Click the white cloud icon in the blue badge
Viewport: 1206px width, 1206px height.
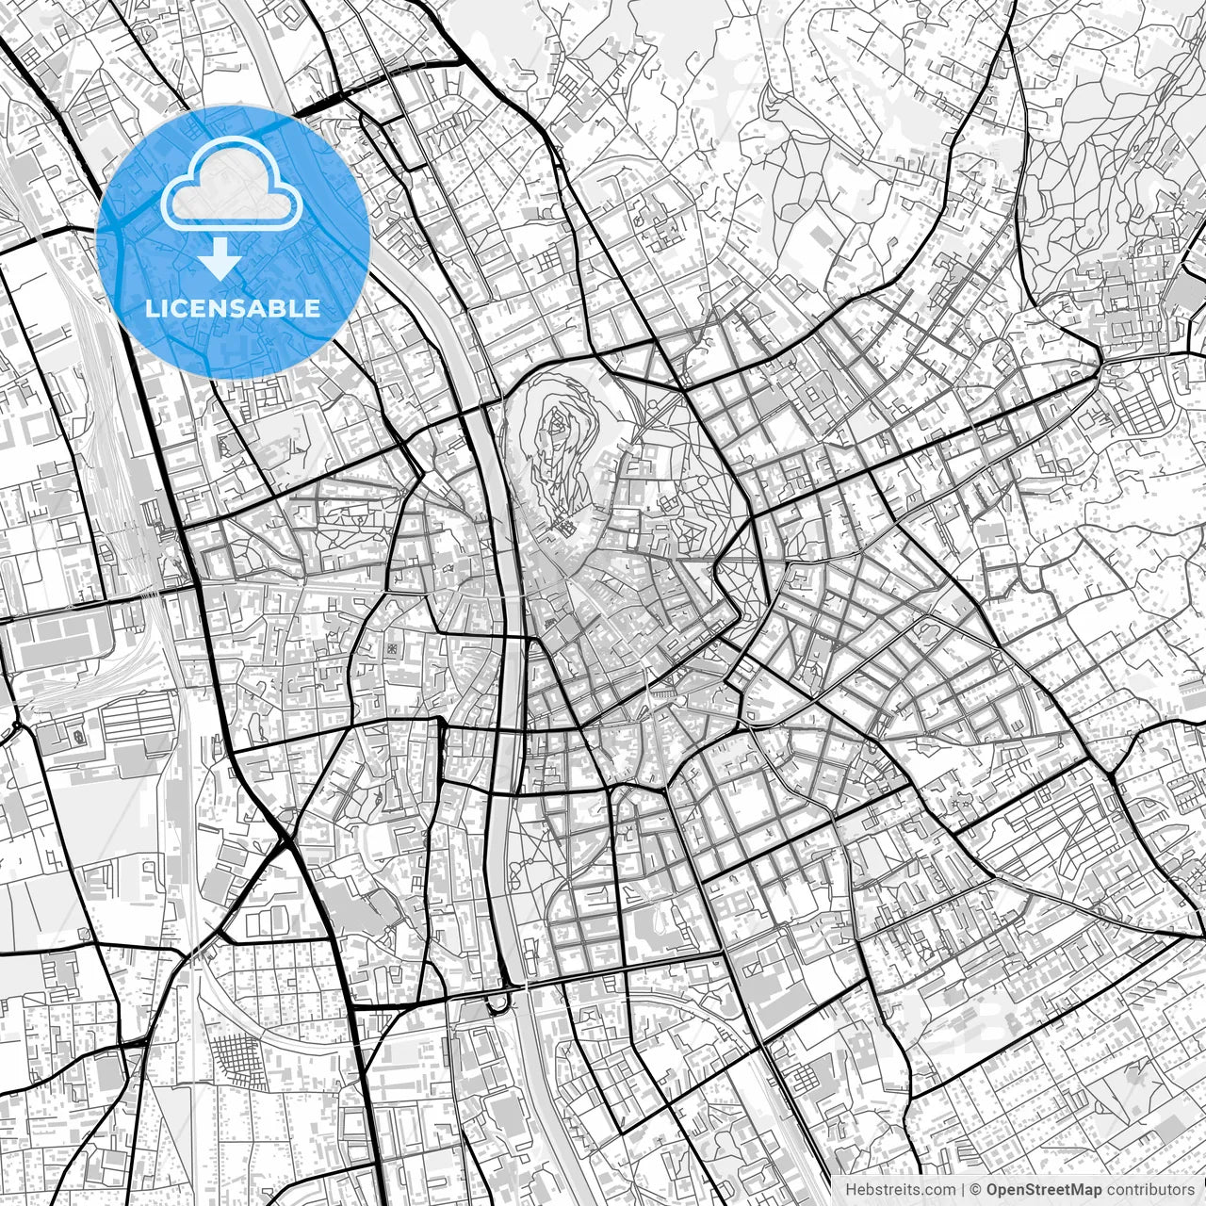[233, 192]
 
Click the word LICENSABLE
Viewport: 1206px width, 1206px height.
[233, 308]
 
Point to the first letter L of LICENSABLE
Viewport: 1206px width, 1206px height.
[151, 308]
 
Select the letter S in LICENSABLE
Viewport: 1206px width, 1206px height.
[241, 308]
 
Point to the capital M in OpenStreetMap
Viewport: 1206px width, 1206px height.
[1083, 1190]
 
